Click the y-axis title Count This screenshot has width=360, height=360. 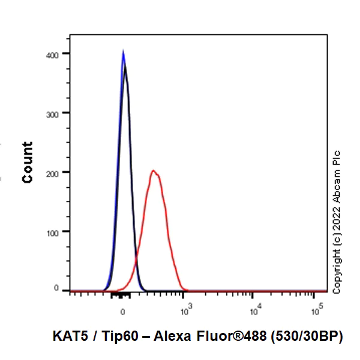click(x=28, y=162)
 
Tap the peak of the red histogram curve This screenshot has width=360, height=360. click(x=154, y=171)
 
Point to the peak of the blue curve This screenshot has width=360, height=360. click(x=123, y=52)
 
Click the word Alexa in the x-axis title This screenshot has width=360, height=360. click(x=170, y=337)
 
